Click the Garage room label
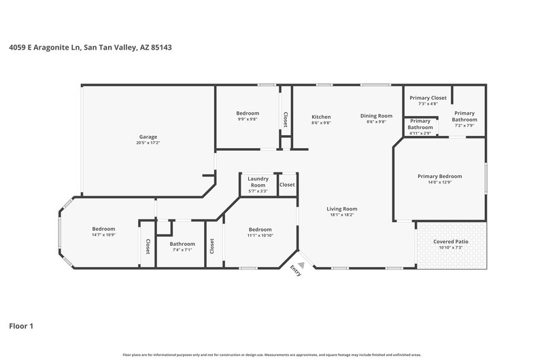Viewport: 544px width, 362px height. click(x=149, y=136)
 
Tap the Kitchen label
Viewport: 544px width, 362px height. click(x=321, y=116)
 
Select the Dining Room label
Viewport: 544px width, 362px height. click(x=376, y=116)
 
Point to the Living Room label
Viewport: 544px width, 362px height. click(x=342, y=209)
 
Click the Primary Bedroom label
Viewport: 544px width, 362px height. click(x=439, y=176)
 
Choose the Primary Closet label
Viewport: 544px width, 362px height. click(x=428, y=98)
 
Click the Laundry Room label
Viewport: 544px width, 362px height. click(x=258, y=181)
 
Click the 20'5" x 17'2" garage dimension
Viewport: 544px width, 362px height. click(x=149, y=143)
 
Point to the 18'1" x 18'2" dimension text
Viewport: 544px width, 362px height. click(x=342, y=215)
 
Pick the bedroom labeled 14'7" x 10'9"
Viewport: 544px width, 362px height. click(x=103, y=229)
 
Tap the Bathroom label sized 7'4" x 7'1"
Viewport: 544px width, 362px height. click(x=182, y=244)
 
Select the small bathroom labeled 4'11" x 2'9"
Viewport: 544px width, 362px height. click(x=420, y=124)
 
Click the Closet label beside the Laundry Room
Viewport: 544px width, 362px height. click(x=287, y=185)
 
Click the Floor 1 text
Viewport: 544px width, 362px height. click(x=21, y=326)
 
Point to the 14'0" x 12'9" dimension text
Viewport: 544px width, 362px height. click(x=439, y=182)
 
